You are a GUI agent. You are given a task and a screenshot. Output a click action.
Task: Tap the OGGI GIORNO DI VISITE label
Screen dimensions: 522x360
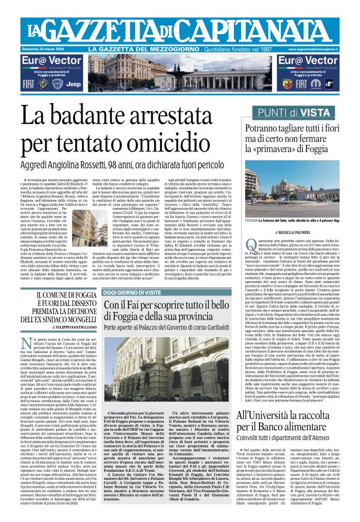135,291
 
